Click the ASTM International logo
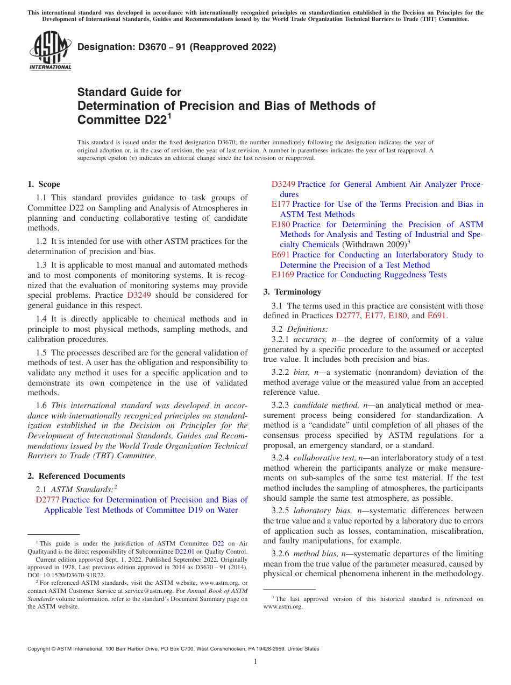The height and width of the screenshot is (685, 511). click(x=50, y=51)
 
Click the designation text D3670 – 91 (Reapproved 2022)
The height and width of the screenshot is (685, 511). click(x=177, y=47)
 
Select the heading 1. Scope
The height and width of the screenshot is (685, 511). click(x=44, y=184)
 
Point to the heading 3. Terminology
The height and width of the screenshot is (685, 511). click(x=292, y=292)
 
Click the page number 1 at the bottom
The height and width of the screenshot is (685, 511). click(x=256, y=661)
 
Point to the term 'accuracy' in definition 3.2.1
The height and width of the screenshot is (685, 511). click(x=309, y=339)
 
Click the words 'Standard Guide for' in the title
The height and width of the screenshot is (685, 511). click(x=130, y=92)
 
